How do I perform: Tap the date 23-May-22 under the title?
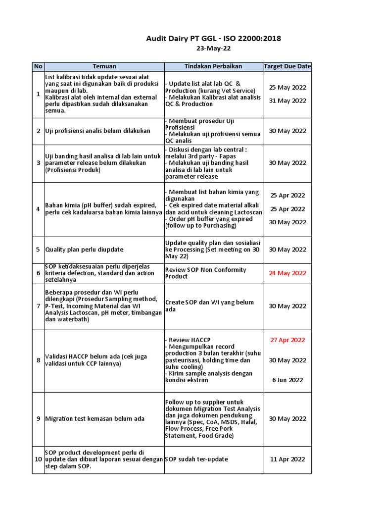(x=213, y=49)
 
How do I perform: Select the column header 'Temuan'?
(x=104, y=66)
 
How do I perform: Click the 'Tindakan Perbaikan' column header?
(x=213, y=66)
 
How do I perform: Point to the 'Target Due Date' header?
(x=287, y=66)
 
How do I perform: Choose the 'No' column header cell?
(x=38, y=66)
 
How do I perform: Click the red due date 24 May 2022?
(x=287, y=273)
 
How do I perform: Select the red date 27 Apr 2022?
(x=287, y=340)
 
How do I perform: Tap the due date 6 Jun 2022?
(x=287, y=380)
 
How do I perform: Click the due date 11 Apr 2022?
(x=287, y=459)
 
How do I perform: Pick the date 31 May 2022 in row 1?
(x=287, y=101)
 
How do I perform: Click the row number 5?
(x=38, y=250)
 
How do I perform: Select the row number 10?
(x=38, y=459)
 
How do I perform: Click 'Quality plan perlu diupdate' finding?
(x=84, y=250)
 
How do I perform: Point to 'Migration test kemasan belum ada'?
(x=95, y=419)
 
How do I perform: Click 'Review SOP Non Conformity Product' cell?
(x=205, y=273)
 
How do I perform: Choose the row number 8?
(x=38, y=360)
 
